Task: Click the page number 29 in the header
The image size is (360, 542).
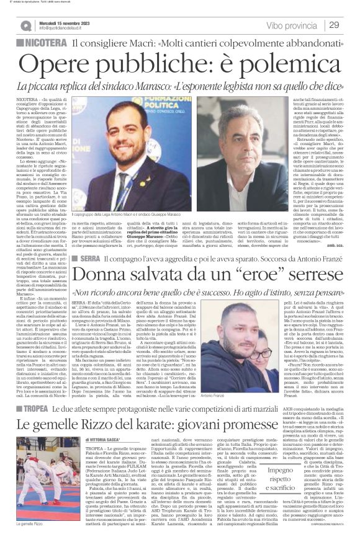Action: point(334,25)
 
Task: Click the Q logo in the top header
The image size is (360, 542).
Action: point(26,25)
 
